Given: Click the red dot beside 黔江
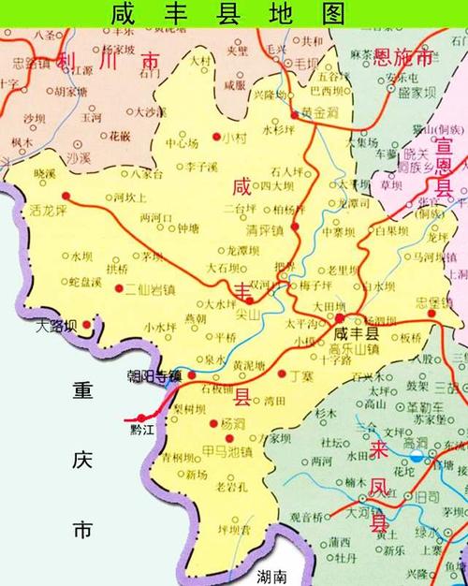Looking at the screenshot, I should pyautogui.click(x=140, y=418).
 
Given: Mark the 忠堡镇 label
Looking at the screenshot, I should pyautogui.click(x=435, y=302).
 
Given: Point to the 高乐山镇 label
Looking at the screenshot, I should pyautogui.click(x=354, y=350).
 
